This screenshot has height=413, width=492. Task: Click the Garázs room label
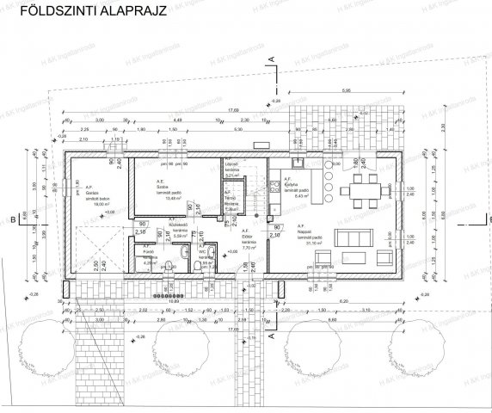(x=89, y=194)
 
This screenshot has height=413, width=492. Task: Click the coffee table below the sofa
(x=354, y=256)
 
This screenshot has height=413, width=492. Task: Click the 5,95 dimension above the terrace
(x=344, y=89)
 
